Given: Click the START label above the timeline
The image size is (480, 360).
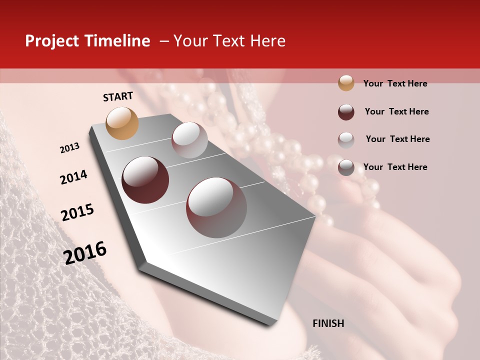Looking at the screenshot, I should (x=118, y=96).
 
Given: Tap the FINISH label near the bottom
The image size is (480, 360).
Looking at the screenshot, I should (x=328, y=323).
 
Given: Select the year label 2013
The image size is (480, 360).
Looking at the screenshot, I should (x=69, y=148).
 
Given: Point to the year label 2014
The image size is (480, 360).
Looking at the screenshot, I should (x=73, y=177).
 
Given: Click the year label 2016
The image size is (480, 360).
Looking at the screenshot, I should (x=85, y=253).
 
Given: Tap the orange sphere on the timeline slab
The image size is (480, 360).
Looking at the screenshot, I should (x=122, y=123).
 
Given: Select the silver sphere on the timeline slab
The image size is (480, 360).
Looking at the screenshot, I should (x=189, y=140).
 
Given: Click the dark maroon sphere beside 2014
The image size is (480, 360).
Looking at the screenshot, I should (x=145, y=180).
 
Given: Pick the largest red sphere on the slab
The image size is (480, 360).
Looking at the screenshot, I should (x=216, y=207).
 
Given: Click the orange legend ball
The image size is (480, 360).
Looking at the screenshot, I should (x=346, y=83).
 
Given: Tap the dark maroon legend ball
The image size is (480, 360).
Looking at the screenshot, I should (x=346, y=111).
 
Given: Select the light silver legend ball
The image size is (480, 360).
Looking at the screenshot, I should (x=346, y=139).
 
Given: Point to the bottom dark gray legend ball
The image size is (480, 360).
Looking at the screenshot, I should (x=346, y=167).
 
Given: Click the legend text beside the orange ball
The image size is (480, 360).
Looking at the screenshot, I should (x=395, y=83).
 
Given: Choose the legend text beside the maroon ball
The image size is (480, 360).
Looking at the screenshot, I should (x=396, y=111).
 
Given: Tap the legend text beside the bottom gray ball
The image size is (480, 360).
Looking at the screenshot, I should (x=395, y=167).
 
